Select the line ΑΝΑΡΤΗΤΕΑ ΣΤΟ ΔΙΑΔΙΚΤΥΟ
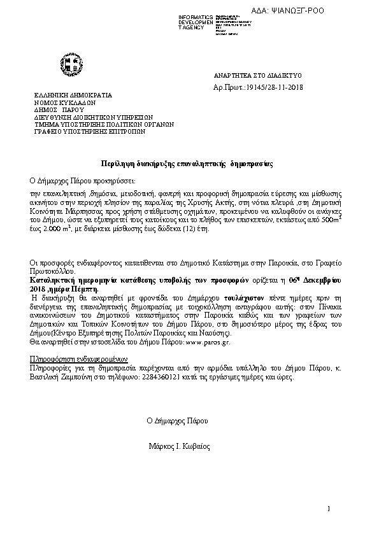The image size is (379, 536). coord(258,74)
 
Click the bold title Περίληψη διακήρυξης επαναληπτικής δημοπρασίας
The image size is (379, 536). coord(187,164)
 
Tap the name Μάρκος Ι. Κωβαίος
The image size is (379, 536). coord(178,447)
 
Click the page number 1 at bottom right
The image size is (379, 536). coord(329,508)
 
